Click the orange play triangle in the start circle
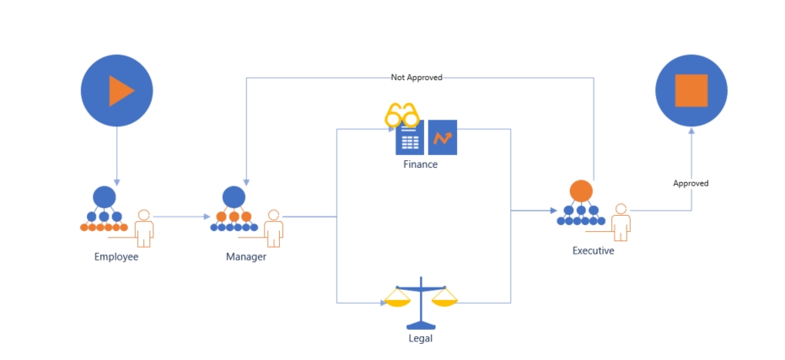[120, 91]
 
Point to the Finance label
[421, 165]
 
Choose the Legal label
[420, 340]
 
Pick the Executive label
[593, 250]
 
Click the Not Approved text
[417, 78]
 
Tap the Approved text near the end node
[691, 183]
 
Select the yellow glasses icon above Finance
[401, 116]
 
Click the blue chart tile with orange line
[443, 137]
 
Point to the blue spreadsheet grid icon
[409, 142]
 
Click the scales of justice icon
[420, 304]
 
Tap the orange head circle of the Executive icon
[580, 191]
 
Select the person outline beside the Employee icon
[144, 228]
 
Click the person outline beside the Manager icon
[273, 228]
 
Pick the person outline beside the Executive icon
[621, 222]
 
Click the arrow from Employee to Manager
[181, 217]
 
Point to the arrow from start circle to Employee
[116, 156]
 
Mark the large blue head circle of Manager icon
[234, 197]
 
